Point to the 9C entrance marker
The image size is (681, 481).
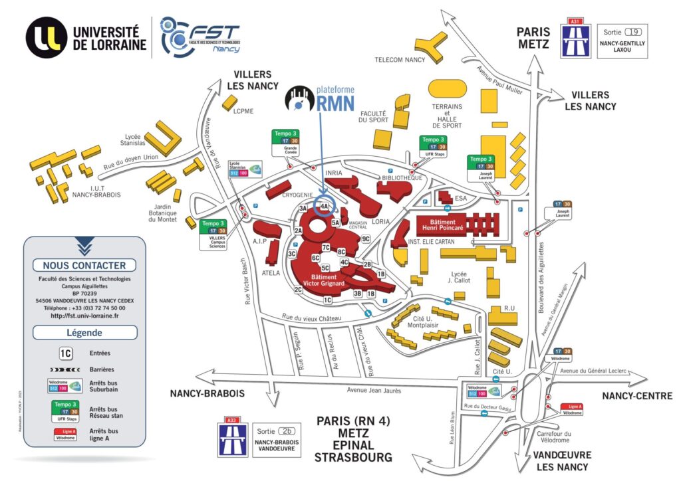tap(365, 239)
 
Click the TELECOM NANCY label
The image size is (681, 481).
tap(400, 59)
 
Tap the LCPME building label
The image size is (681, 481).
tap(243, 112)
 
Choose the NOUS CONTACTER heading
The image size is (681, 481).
tap(84, 265)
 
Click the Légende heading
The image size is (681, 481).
tap(84, 333)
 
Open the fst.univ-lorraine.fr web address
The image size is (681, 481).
tap(84, 316)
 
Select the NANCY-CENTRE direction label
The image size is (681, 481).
tap(637, 396)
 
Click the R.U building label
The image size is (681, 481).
tap(510, 307)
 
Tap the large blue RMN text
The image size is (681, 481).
tap(336, 102)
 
